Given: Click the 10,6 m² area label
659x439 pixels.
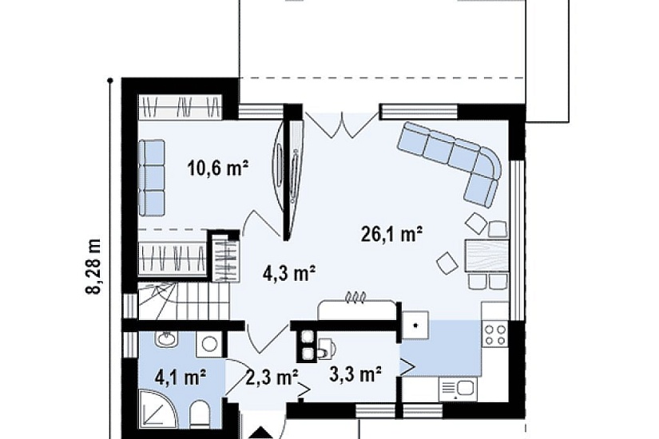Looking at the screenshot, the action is [x=218, y=169].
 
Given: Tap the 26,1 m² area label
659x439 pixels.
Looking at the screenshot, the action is [x=391, y=235].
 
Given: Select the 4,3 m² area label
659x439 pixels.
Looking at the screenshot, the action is [x=289, y=274].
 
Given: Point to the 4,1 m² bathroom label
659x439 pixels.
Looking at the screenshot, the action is [x=181, y=377].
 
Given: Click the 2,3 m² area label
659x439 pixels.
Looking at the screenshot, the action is [x=272, y=377].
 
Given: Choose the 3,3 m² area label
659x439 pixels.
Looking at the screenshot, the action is [x=355, y=374].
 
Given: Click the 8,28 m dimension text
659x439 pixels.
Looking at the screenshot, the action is [x=93, y=267].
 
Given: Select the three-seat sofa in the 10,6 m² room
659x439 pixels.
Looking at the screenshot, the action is [x=152, y=178].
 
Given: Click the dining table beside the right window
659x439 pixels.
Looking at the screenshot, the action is [x=486, y=255].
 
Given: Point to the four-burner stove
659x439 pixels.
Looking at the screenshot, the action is [x=495, y=334].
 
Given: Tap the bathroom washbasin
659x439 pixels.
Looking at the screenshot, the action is [x=166, y=338].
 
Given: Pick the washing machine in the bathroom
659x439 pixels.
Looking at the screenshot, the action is [x=208, y=343].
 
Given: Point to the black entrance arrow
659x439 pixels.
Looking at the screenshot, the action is [x=262, y=433].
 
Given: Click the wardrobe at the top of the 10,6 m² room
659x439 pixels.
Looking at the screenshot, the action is [x=181, y=106].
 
